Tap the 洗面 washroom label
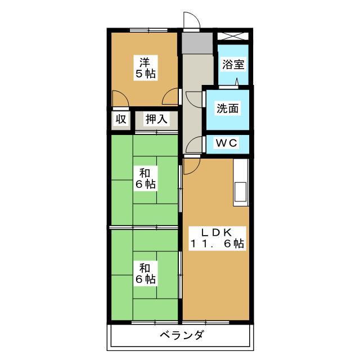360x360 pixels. click(228, 109)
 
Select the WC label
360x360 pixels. click(227, 143)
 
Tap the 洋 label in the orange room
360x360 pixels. click(145, 61)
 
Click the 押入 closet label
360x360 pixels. click(156, 119)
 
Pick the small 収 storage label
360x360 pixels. click(120, 119)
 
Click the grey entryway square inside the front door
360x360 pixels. click(197, 42)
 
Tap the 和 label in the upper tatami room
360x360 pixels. click(145, 172)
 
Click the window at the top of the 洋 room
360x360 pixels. click(145, 30)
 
